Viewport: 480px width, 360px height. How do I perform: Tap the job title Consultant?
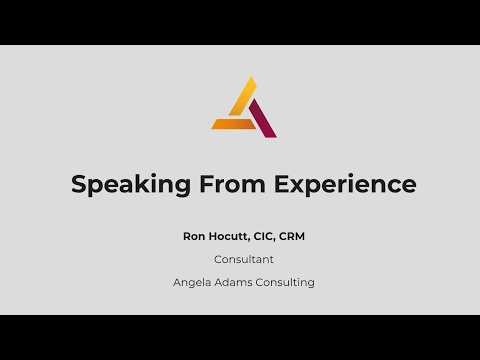pyautogui.click(x=244, y=259)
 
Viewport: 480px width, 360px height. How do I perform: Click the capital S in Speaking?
pyautogui.click(x=78, y=185)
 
